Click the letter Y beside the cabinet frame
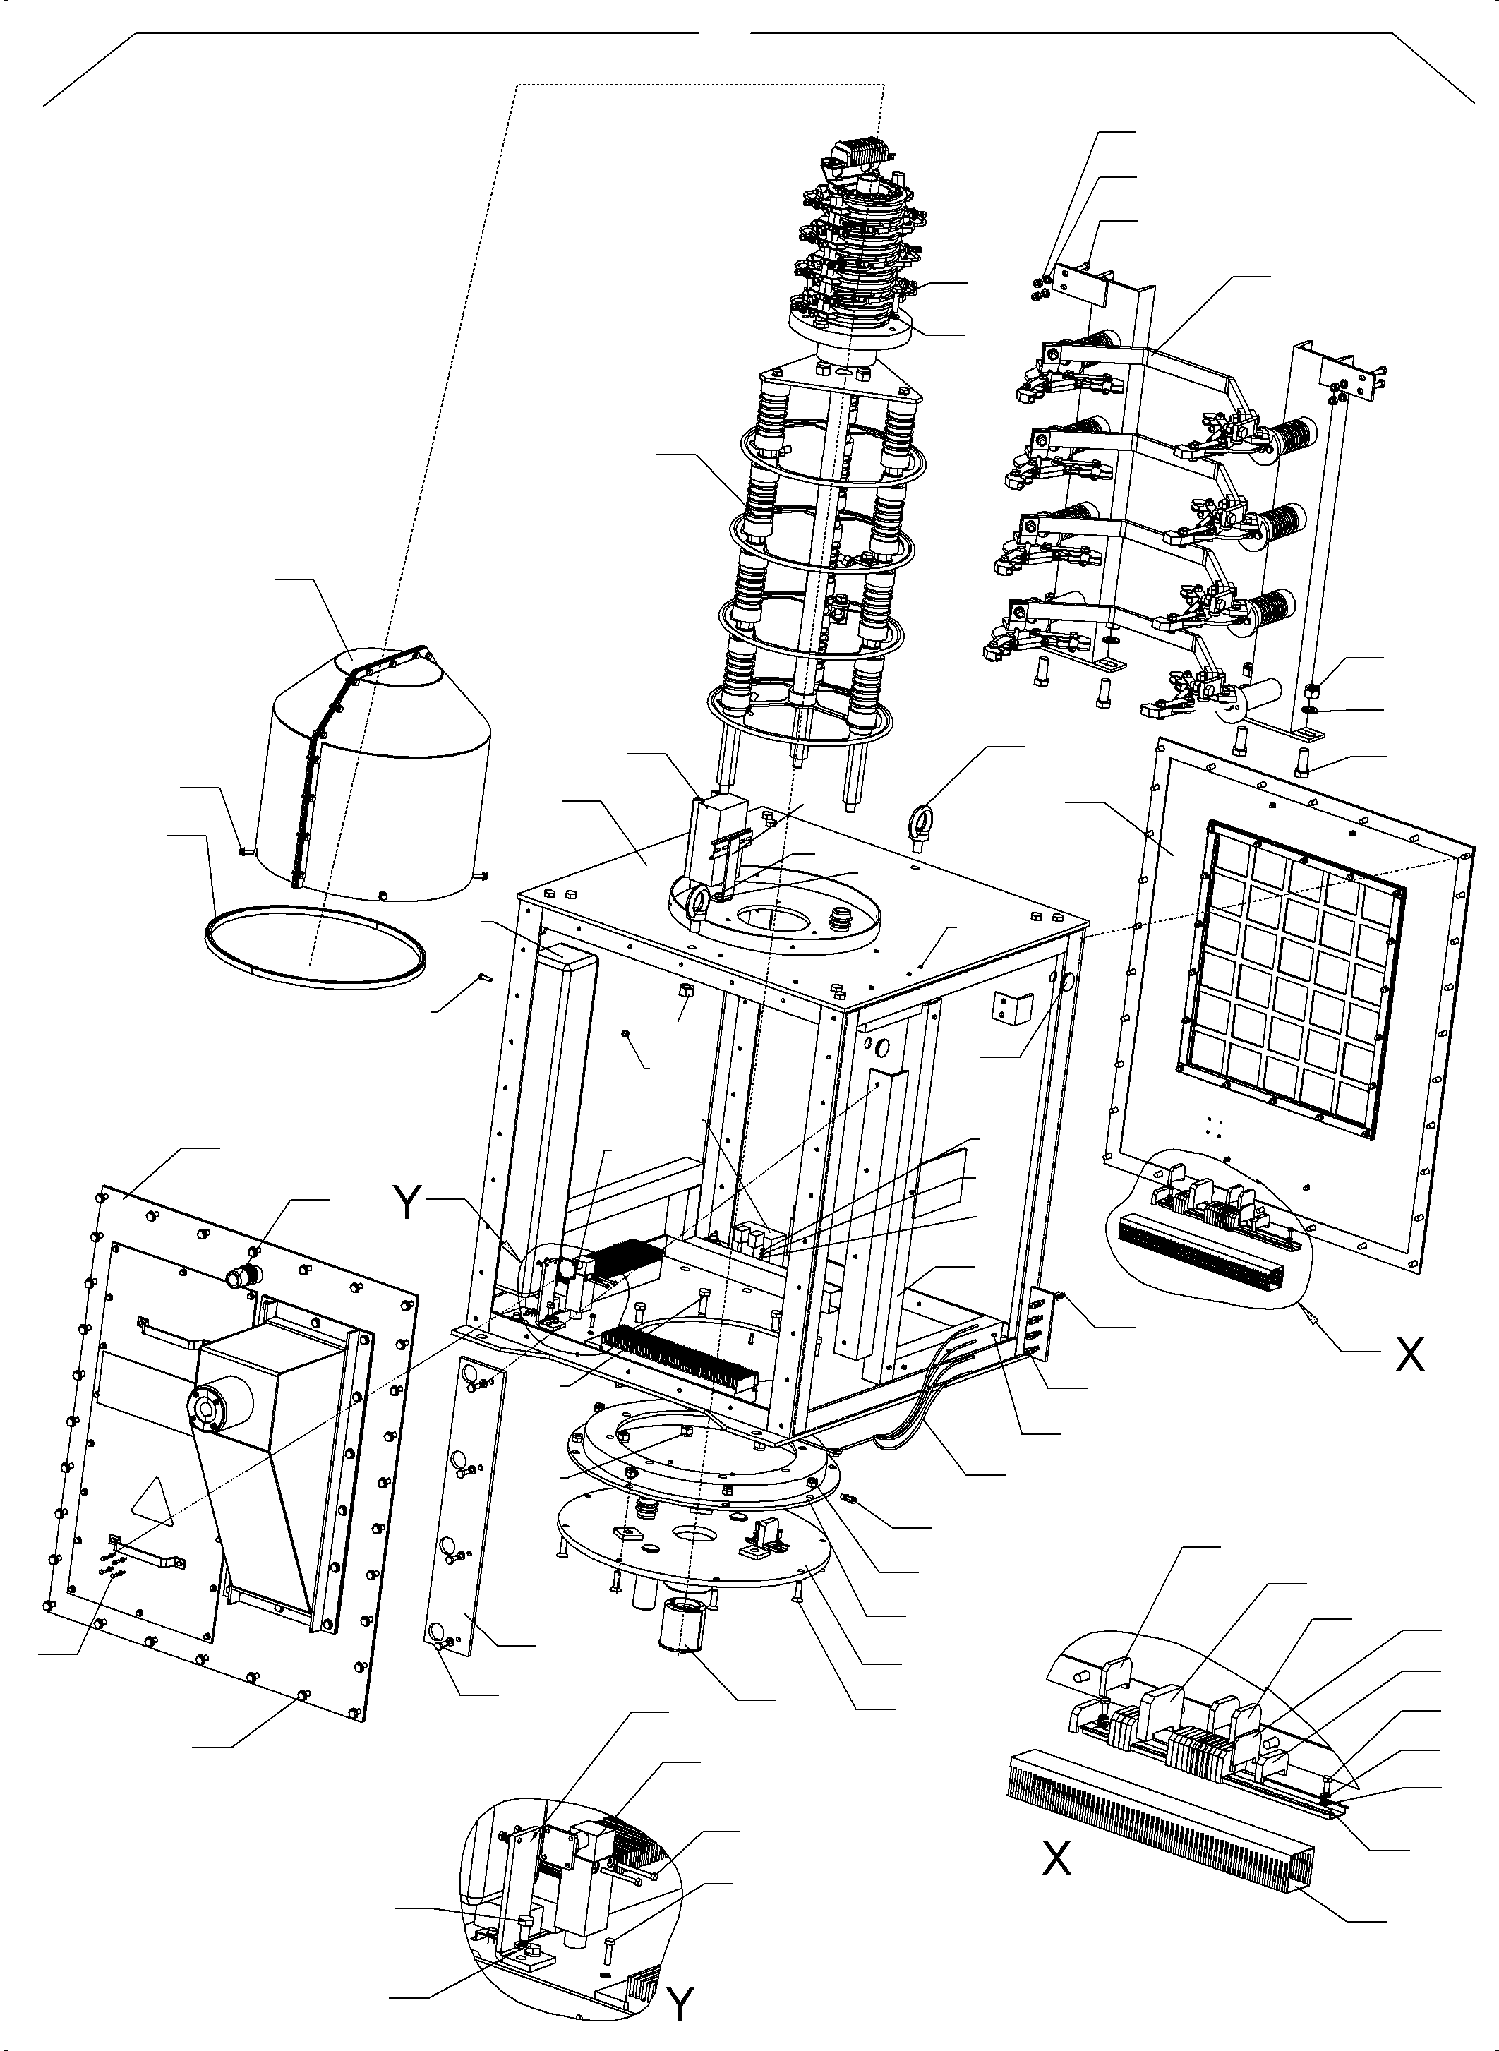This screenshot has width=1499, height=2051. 409,1203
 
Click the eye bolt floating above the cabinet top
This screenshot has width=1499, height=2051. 925,822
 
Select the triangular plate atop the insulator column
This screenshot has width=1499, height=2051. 839,381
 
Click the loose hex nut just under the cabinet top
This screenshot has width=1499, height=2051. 687,990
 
